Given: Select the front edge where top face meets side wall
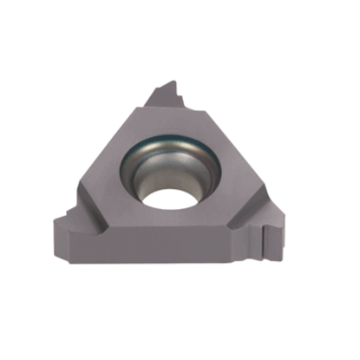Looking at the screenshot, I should point(173,226).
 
